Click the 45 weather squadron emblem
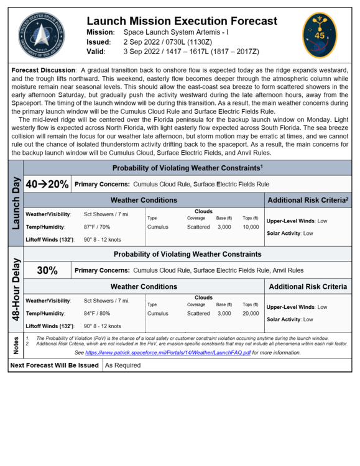[320, 35]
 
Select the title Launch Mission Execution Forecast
[182, 21]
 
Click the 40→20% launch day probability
[47, 185]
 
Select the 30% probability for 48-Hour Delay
[47, 270]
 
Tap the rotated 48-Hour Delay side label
[16, 289]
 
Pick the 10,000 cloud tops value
[251, 227]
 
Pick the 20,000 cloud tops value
[251, 314]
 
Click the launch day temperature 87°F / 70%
[101, 227]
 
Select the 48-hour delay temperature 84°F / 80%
[101, 314]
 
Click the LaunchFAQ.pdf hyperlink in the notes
[168, 352]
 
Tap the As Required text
[123, 365]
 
